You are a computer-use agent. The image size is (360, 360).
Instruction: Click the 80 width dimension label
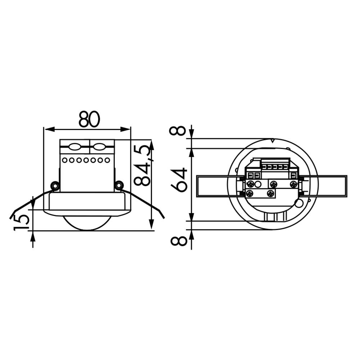(89, 120)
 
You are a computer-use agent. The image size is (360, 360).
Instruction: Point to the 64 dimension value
(179, 180)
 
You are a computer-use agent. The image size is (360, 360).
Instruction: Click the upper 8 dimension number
(179, 131)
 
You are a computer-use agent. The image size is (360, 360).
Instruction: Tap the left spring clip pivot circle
(55, 185)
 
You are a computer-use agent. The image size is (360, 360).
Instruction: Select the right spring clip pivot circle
(119, 185)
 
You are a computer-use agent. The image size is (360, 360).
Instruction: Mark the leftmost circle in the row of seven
(65, 160)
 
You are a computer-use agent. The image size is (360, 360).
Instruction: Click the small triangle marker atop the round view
(272, 141)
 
